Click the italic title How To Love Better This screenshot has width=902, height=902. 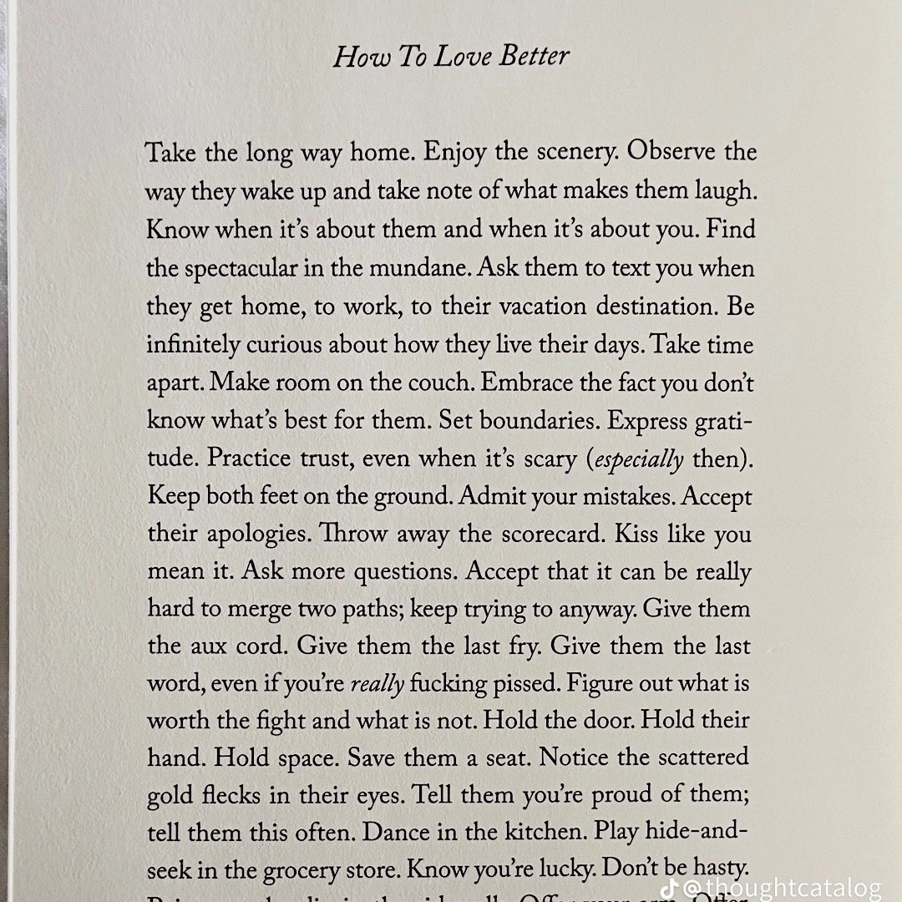(x=451, y=57)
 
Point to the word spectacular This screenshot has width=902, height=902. (x=251, y=269)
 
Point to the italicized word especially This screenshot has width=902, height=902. (x=641, y=460)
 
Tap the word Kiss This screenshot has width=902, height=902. (x=636, y=535)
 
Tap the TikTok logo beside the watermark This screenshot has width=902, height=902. (x=669, y=887)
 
